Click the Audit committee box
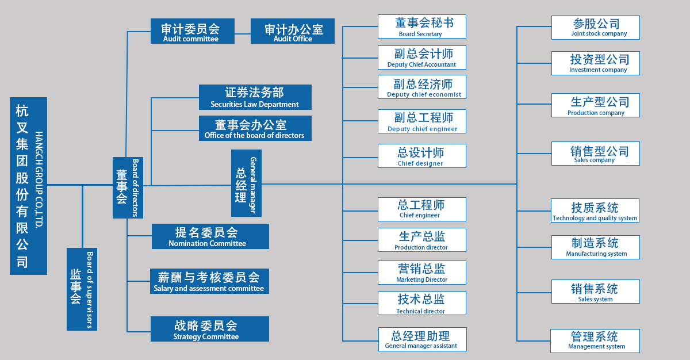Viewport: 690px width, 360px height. pos(192,31)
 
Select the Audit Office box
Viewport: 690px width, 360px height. pos(293,31)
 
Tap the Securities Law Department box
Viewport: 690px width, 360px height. pos(255,97)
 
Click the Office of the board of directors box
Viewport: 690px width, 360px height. pos(255,128)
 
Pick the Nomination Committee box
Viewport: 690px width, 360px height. pos(210,236)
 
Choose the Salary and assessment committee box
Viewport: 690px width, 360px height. pos(209,281)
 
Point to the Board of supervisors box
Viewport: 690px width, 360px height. pos(82,289)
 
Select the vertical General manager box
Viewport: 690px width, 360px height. pos(246,183)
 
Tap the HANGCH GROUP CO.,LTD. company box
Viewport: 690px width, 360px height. pos(28,186)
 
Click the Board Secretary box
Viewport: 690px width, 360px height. pos(421,26)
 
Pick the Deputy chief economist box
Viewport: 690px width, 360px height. pos(421,87)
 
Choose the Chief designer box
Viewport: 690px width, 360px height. pos(421,156)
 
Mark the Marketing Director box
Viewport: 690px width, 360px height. pos(421,272)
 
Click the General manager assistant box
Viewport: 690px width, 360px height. pos(422,339)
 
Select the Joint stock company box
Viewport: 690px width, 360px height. pos(595,27)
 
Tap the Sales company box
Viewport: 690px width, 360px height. pos(595,154)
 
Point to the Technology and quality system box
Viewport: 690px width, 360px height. pos(595,210)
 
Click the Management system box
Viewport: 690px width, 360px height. pos(595,340)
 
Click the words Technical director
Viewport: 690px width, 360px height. pos(420,311)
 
